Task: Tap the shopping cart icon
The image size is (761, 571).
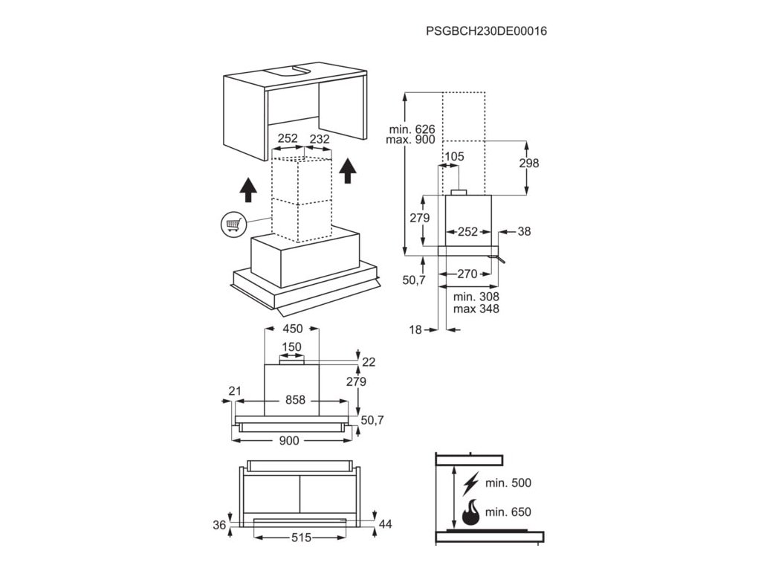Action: (232, 223)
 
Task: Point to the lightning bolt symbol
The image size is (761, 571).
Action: (470, 484)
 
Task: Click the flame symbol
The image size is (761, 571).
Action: (470, 513)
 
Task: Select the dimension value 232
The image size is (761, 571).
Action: (320, 138)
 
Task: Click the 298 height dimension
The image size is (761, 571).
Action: (528, 164)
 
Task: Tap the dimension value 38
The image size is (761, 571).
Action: (525, 231)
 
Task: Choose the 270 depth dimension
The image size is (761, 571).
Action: (467, 274)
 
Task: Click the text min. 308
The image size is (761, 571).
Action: (476, 297)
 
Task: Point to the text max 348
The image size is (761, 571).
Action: (476, 309)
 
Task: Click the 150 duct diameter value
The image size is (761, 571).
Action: (292, 347)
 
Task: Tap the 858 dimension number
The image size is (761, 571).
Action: (295, 400)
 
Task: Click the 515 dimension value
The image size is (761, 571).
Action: (300, 538)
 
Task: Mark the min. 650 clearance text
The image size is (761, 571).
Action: (508, 513)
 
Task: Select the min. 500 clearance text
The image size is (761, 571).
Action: (508, 483)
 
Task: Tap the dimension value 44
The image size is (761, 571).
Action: (385, 524)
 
